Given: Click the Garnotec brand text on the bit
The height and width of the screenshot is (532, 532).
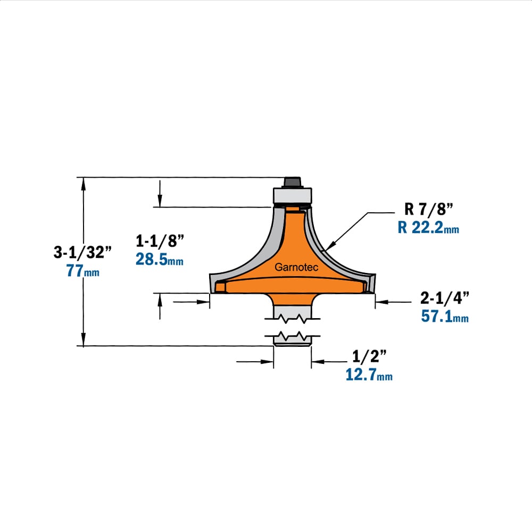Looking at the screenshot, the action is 296,268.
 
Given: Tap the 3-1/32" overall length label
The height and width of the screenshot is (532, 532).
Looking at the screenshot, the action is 82,252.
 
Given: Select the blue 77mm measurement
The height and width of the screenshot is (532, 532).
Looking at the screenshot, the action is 83,271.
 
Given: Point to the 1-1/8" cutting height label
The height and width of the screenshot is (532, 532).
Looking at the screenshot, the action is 160,241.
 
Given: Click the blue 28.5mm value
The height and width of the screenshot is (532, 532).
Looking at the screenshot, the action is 160,260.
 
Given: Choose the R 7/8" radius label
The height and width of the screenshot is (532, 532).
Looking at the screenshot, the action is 429,209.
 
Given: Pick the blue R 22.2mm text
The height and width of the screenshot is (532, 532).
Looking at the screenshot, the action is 428,228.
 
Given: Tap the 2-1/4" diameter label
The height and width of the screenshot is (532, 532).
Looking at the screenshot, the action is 444,298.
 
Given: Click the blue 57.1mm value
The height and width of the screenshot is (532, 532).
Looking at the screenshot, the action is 444,317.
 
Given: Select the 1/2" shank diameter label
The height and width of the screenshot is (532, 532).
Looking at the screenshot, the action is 369,356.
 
